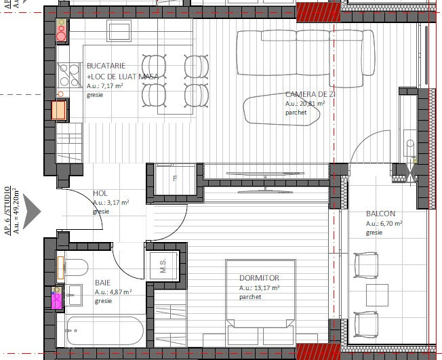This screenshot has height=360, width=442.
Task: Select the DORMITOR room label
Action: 259,278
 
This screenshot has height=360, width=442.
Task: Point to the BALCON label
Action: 380,213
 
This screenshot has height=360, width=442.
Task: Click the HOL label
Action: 100,193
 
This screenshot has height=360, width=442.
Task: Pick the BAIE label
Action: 102,282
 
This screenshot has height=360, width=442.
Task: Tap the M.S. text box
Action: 163,266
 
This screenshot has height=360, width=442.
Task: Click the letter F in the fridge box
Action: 175,179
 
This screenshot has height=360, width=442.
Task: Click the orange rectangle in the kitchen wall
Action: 60,110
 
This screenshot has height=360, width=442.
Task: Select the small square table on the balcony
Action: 377,296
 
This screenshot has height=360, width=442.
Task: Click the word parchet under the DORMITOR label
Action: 250,297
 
